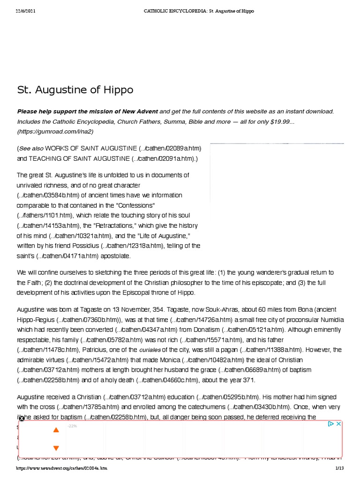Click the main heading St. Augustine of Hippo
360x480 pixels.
[x=75, y=90]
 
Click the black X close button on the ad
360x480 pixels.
[x=22, y=419]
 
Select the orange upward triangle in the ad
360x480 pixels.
[x=56, y=430]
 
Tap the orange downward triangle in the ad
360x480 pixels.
[x=56, y=448]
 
